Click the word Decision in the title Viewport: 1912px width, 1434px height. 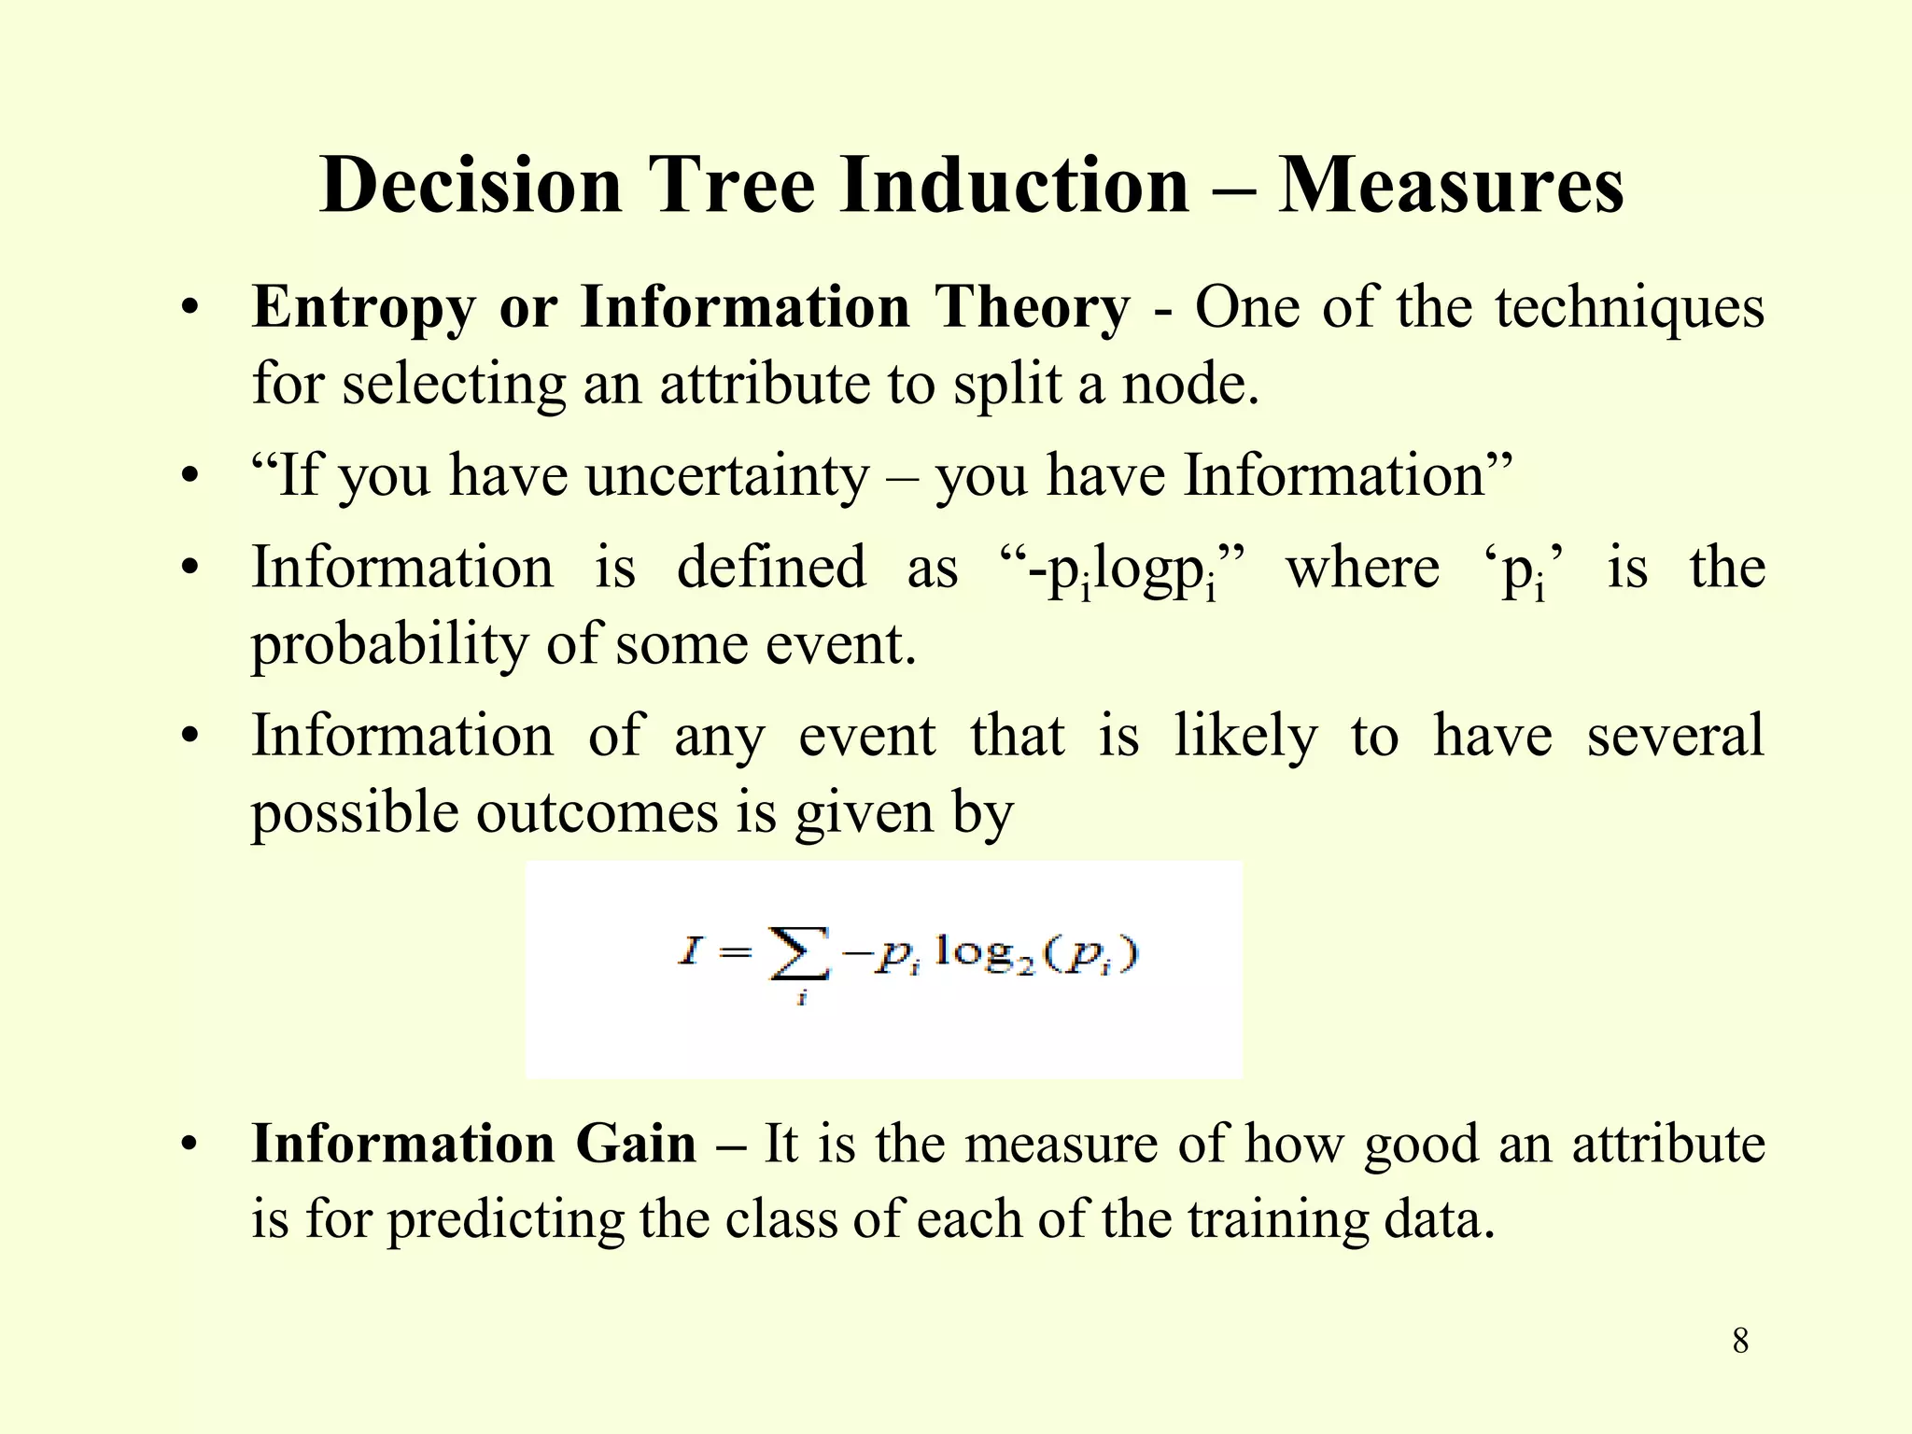[471, 185]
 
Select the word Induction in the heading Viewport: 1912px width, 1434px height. [1014, 185]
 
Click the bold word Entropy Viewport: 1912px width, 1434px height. [363, 308]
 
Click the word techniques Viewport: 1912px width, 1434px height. [1629, 308]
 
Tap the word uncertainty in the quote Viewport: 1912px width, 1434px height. [727, 476]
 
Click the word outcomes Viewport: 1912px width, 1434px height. [598, 812]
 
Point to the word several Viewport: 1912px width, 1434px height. [1676, 736]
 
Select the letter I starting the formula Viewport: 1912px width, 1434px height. [690, 952]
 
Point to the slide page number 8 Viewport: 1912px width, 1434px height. [1740, 1342]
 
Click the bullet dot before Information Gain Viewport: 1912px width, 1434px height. [190, 1146]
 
